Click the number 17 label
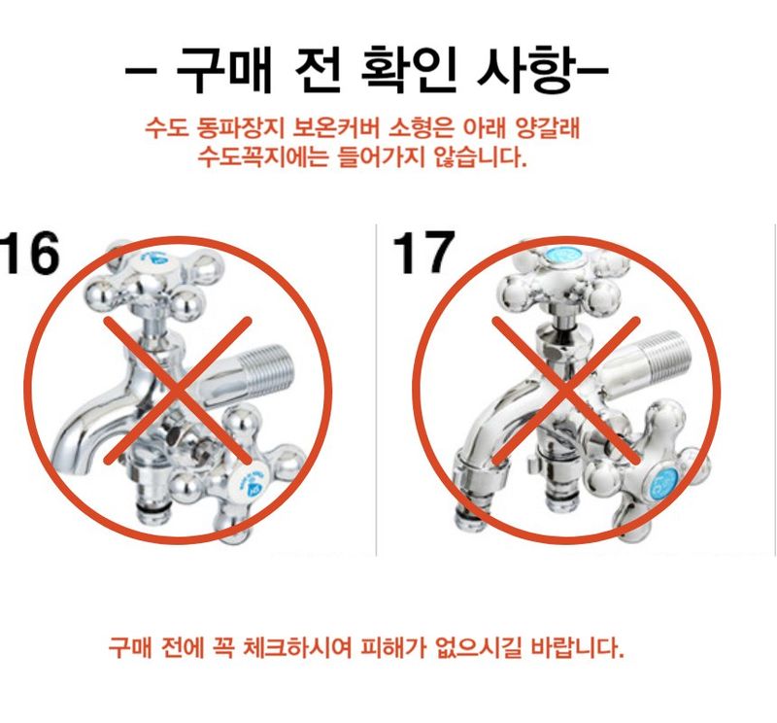coord(423,255)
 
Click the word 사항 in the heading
coord(521,69)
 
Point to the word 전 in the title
coord(319,69)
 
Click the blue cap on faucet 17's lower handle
coord(665,479)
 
